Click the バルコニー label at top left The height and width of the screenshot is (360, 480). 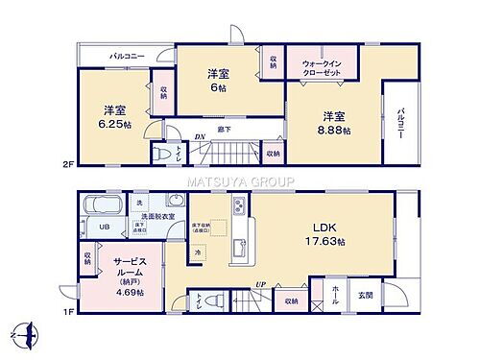126,58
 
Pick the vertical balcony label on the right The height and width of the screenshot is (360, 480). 399,123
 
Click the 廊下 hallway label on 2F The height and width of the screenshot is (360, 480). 223,126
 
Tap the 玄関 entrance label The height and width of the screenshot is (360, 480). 379,294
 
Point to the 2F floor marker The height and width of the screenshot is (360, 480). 65,164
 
